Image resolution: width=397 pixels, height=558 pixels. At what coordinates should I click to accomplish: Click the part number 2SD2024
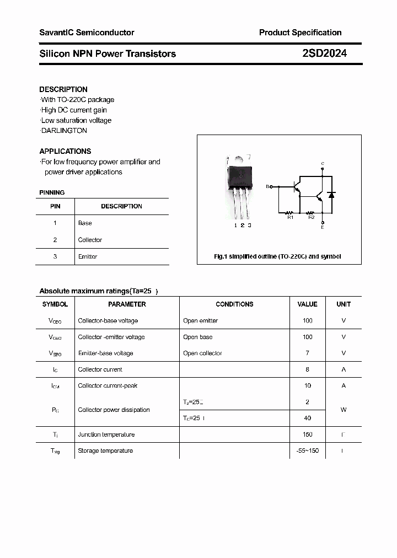[x=324, y=53]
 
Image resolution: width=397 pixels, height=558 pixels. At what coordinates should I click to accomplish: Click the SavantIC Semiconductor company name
[x=87, y=33]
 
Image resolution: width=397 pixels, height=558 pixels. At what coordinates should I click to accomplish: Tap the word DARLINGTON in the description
[x=64, y=131]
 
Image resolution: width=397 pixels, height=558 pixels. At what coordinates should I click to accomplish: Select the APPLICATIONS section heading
[x=65, y=151]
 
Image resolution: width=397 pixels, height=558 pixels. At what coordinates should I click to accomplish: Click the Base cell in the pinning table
[x=85, y=223]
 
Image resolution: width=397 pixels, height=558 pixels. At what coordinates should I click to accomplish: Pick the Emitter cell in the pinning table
[x=88, y=256]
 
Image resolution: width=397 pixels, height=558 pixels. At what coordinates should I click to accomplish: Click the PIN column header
[x=55, y=206]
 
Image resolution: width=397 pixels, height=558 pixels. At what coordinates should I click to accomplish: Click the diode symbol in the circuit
[x=331, y=195]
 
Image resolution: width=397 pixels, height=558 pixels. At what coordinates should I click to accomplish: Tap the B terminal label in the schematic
[x=267, y=187]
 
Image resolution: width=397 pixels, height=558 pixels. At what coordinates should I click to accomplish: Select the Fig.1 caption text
[x=277, y=256]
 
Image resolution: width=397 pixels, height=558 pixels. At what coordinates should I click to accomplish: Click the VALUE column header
[x=307, y=304]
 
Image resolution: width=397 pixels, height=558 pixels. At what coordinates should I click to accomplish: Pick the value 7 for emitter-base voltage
[x=307, y=353]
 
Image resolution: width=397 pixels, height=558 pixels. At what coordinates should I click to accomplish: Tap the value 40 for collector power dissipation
[x=307, y=418]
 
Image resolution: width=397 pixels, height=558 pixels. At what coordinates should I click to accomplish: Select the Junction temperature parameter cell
[x=106, y=434]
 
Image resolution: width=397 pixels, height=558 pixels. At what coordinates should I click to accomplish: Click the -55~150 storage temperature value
[x=307, y=450]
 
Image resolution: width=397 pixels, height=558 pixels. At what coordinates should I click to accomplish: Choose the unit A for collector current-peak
[x=344, y=385]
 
